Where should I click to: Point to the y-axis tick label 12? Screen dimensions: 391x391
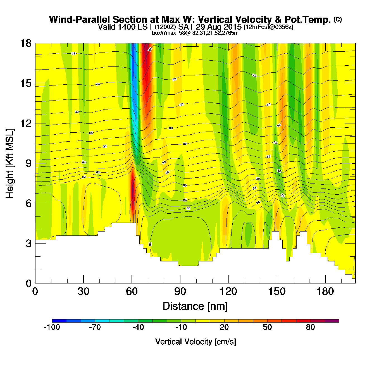[25, 123]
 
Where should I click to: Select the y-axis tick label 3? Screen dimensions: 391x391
[29, 243]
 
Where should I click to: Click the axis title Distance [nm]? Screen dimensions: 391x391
[195, 306]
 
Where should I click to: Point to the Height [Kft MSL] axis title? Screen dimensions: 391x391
[10, 163]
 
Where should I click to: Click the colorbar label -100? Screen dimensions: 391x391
[52, 327]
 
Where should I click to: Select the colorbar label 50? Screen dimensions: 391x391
[267, 327]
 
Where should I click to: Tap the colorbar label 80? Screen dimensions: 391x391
[310, 327]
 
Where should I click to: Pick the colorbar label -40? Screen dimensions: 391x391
[138, 327]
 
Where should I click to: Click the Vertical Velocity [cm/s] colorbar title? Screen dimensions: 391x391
[195, 342]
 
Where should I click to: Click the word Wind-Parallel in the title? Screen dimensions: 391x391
[80, 20]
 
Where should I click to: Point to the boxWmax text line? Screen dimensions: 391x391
[195, 33]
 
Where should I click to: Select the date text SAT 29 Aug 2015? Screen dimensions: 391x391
[210, 27]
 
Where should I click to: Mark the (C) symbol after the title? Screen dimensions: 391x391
[338, 19]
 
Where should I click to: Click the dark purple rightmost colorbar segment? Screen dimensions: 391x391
[332, 321]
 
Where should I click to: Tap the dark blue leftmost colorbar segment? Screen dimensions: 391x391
[59, 321]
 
